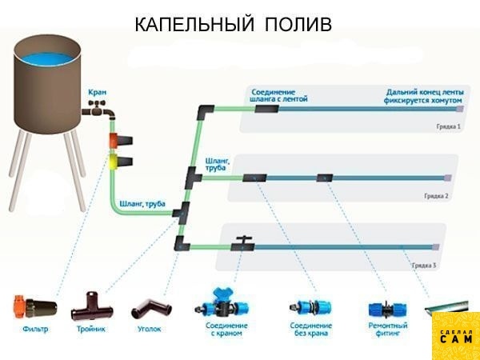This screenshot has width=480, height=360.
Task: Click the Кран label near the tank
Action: [x=98, y=93]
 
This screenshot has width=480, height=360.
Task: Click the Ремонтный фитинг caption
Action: [x=389, y=330]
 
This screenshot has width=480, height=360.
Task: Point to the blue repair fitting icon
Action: [x=387, y=309]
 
